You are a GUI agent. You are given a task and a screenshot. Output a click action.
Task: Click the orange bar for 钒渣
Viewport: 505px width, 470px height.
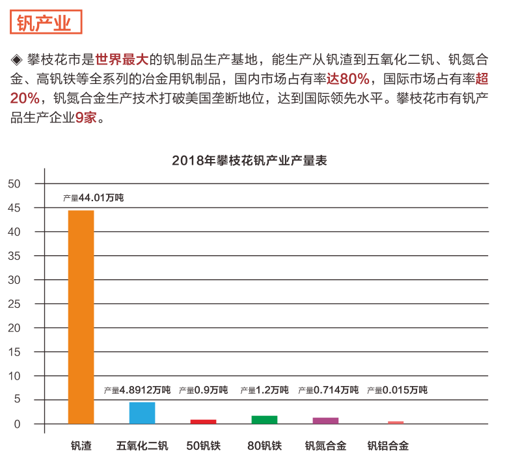[x=81, y=317]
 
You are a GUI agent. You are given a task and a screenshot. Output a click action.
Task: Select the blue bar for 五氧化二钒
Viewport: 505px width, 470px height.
[x=142, y=413]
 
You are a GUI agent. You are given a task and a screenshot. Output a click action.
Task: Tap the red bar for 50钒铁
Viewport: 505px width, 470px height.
[x=203, y=422]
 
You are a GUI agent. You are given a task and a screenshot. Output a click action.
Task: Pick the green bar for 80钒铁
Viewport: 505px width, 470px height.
[x=264, y=420]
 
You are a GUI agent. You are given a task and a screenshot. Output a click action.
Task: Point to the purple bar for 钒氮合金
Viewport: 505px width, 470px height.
[x=325, y=421]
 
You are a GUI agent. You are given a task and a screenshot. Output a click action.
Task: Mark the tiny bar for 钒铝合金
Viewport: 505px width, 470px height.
[x=396, y=422]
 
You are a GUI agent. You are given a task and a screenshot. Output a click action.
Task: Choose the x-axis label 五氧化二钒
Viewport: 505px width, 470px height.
[x=142, y=447]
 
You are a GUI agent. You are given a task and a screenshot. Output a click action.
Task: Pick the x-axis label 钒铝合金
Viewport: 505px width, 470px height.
[x=388, y=447]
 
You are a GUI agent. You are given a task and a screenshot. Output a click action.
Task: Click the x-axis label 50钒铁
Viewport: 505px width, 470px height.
[x=203, y=447]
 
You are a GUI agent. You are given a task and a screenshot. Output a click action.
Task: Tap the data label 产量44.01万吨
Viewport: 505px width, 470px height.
[x=93, y=198]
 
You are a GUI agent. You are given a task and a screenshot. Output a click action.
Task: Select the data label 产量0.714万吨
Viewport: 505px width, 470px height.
[x=328, y=390]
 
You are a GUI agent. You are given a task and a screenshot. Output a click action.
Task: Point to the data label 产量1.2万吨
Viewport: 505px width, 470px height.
[x=264, y=390]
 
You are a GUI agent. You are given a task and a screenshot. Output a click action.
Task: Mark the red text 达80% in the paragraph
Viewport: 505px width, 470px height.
[x=348, y=80]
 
